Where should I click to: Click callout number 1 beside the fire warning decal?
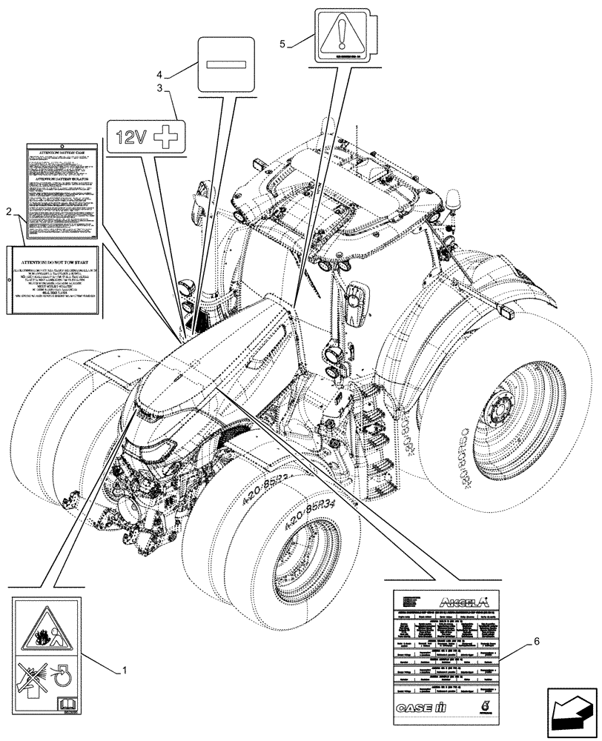click(124, 671)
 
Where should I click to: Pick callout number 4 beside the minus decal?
click(159, 73)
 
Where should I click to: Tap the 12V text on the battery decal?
click(131, 137)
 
